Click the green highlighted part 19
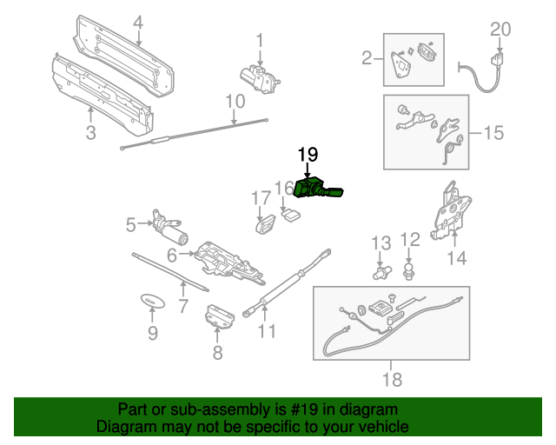click(x=314, y=189)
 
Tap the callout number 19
click(x=308, y=154)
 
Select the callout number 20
click(x=500, y=29)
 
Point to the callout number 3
click(x=90, y=132)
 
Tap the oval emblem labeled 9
click(x=152, y=300)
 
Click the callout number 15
click(x=493, y=133)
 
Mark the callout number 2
click(x=367, y=58)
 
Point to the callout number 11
click(x=267, y=331)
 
